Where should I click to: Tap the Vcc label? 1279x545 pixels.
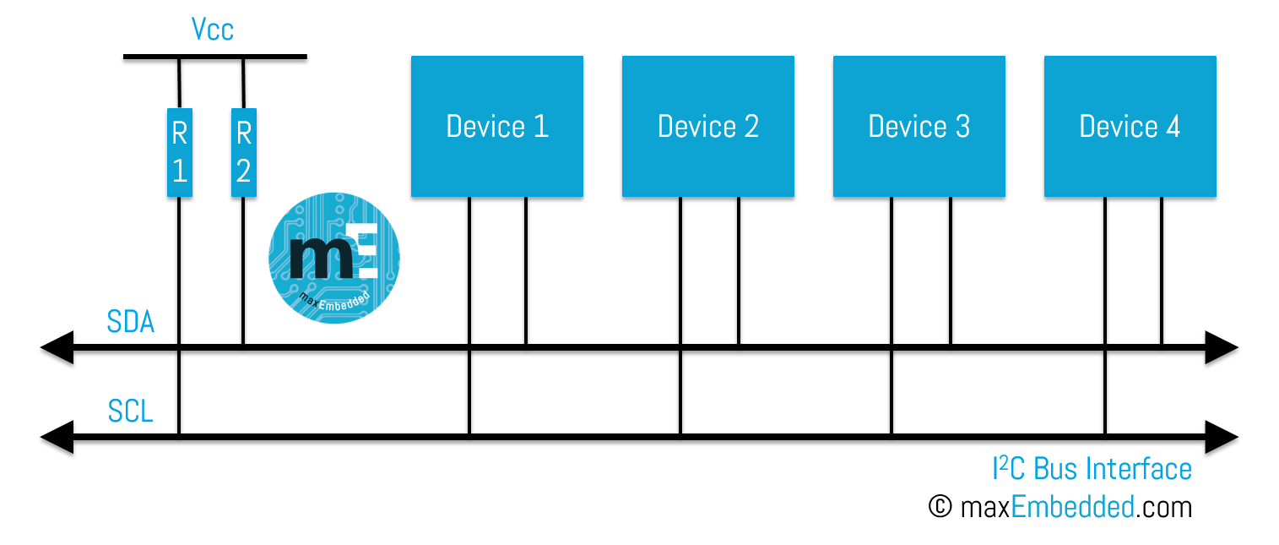[x=212, y=31]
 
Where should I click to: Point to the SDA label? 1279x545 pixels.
[x=131, y=322]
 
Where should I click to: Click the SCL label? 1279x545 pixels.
[x=131, y=412]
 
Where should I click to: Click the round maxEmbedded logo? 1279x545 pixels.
[x=334, y=258]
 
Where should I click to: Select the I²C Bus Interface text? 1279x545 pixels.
[x=1092, y=469]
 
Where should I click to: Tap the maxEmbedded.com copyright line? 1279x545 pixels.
[x=1060, y=507]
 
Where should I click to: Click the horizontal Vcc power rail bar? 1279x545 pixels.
[x=215, y=60]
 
